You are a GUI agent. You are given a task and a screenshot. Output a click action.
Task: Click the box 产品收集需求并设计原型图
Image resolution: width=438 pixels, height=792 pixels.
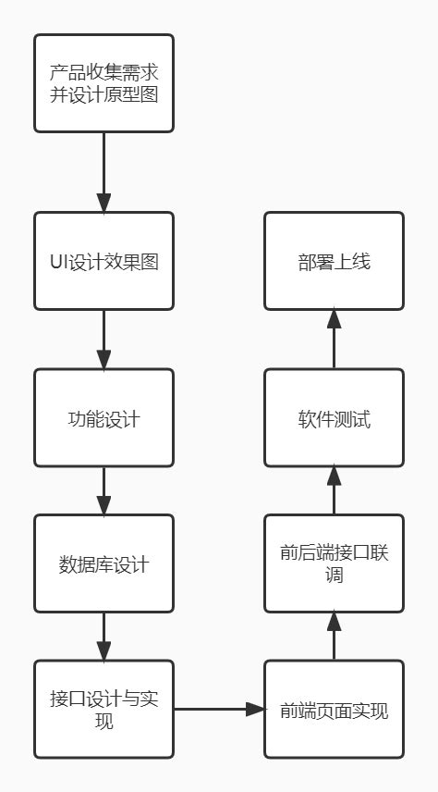(103, 83)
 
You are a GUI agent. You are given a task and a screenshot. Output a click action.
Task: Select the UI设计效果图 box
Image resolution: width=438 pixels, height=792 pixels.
(103, 261)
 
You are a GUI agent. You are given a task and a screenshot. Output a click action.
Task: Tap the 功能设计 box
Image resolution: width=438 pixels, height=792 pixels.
(103, 418)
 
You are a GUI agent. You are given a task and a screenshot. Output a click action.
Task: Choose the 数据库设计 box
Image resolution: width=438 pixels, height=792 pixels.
(103, 563)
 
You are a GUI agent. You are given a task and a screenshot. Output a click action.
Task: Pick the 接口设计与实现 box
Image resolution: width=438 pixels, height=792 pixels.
(103, 710)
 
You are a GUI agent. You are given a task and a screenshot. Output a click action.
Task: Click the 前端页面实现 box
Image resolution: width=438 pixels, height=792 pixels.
(334, 710)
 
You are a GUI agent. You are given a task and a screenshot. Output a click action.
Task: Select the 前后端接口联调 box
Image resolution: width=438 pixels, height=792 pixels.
(334, 563)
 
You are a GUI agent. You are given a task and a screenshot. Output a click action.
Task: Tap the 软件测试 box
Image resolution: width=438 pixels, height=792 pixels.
(334, 418)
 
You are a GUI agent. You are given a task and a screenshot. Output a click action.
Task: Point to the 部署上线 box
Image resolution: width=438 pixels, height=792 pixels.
(334, 261)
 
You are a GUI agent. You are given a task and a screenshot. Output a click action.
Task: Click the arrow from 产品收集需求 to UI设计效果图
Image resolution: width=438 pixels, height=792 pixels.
(103, 172)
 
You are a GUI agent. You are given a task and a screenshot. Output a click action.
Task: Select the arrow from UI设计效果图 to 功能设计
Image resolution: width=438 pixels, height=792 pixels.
(103, 339)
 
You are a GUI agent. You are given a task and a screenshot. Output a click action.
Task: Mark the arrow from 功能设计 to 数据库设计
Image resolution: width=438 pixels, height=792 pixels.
(103, 490)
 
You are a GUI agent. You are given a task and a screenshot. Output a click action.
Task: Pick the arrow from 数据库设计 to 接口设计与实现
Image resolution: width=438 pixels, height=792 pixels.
(103, 636)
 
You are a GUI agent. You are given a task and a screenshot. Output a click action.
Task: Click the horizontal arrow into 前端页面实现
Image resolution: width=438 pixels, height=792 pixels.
(219, 710)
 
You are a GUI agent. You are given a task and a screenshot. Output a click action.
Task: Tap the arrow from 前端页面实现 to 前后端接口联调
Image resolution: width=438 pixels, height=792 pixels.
(334, 636)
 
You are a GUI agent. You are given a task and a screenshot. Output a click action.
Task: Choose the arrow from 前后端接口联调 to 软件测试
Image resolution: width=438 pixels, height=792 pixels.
(334, 490)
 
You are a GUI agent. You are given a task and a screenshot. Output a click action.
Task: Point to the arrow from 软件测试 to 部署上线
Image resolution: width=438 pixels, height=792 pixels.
(334, 339)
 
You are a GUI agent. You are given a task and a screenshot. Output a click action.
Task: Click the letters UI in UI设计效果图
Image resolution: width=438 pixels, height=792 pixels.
(59, 262)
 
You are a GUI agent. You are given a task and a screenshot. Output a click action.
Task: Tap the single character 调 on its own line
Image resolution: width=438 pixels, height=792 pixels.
(334, 575)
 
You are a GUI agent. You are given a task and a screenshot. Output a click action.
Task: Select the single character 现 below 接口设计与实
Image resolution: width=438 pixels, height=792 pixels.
(103, 721)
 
